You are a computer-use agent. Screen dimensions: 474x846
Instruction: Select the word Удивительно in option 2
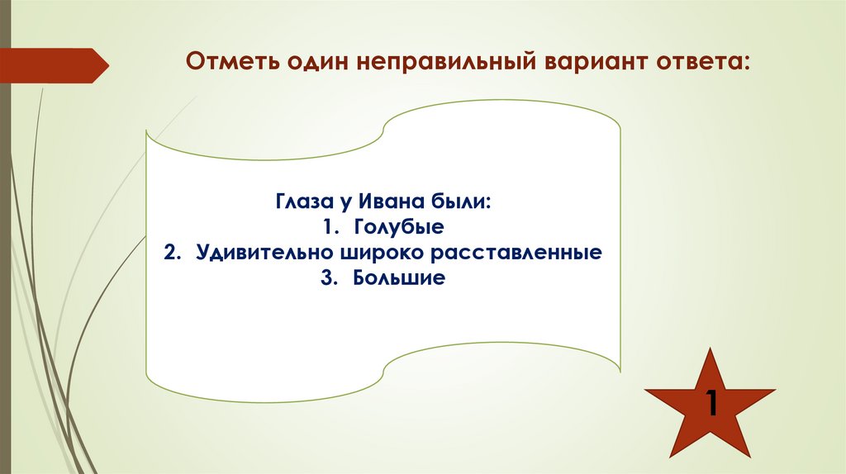pyautogui.click(x=259, y=252)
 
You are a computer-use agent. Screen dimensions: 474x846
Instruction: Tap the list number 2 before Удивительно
pyautogui.click(x=170, y=252)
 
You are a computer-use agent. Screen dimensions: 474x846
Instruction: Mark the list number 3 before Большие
pyautogui.click(x=330, y=277)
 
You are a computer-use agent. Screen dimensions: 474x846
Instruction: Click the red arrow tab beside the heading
pyautogui.click(x=54, y=65)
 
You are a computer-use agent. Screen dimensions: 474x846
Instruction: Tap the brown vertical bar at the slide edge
pyautogui.click(x=5, y=248)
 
